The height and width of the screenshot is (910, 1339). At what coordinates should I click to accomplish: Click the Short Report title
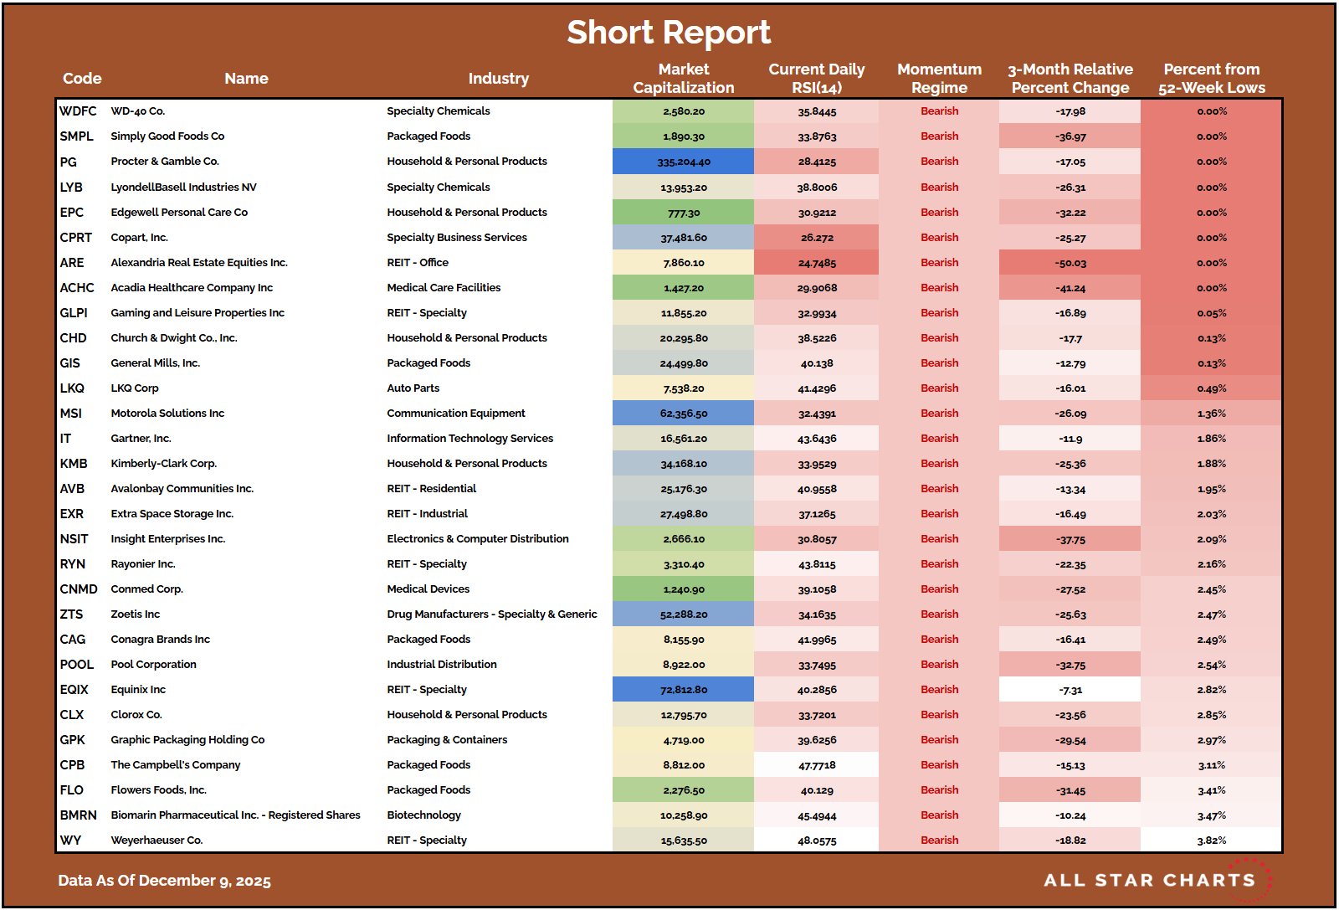pos(669,33)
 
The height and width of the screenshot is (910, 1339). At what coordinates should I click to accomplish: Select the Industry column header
pos(498,79)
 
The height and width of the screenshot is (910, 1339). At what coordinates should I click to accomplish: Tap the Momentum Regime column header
pos(939,79)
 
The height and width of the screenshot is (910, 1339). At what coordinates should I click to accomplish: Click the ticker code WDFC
pos(78,111)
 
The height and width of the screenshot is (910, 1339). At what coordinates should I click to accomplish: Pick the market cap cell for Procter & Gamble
pos(683,162)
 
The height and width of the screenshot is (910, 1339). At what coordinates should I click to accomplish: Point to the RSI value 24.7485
pos(816,263)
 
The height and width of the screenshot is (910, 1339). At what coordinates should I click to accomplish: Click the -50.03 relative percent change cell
pos(1070,263)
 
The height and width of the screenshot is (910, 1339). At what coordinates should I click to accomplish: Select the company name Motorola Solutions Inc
pos(167,414)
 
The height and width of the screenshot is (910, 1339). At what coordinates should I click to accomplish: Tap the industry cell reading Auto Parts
pos(413,388)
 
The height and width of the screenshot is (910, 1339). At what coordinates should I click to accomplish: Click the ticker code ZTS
pos(71,614)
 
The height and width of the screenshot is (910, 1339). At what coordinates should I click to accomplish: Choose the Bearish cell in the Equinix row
pos(939,690)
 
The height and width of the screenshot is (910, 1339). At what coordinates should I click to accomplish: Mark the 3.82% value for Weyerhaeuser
pos(1211,841)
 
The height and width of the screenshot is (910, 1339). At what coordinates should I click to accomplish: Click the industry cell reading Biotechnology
pos(423,815)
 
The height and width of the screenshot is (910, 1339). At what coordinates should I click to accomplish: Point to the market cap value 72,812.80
pos(683,690)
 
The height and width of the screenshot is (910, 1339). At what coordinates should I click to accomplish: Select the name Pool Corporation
pos(153,665)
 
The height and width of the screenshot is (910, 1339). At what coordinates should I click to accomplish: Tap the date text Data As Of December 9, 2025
pos(164,881)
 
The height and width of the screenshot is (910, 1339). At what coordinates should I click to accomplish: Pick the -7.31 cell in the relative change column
pos(1070,690)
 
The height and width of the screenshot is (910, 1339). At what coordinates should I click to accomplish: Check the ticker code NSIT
pos(74,539)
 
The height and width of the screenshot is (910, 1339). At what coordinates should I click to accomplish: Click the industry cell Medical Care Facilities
pos(444,288)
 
